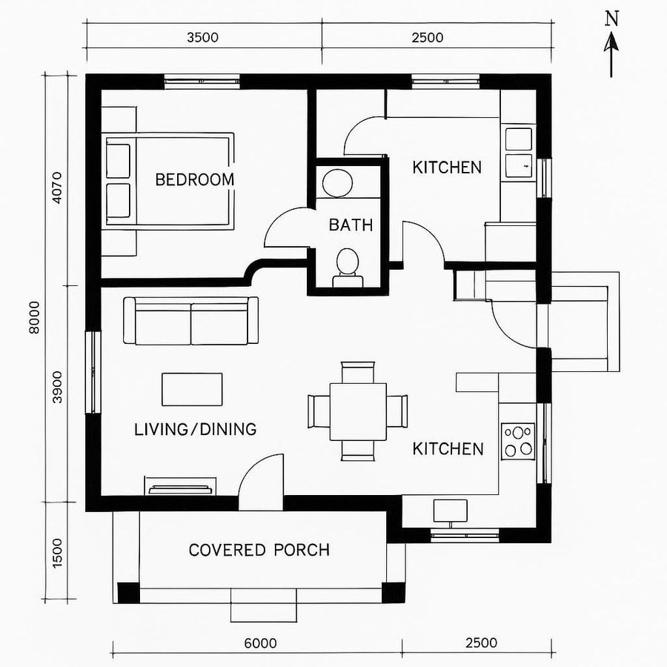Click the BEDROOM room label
tap(194, 179)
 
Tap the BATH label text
tap(351, 225)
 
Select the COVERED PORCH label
tap(259, 550)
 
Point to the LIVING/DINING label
tap(196, 429)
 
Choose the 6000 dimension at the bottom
tap(259, 643)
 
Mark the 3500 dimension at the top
tap(202, 38)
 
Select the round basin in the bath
tap(339, 183)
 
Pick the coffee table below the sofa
tap(192, 389)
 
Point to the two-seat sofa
tap(191, 321)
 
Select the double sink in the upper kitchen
tap(519, 153)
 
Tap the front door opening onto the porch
tap(261, 485)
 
